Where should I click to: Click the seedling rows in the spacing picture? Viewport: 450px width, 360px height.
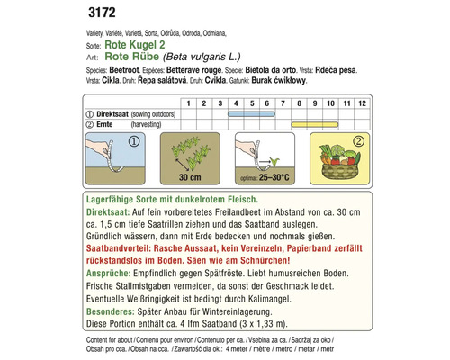coord(190,153)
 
